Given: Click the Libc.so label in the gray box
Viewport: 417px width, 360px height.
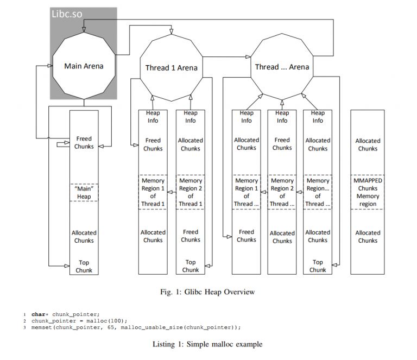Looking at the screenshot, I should coord(67,14).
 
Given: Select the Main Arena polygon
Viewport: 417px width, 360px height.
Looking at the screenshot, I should coord(84,66).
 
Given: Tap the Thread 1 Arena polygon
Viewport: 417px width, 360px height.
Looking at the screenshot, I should coord(171,68).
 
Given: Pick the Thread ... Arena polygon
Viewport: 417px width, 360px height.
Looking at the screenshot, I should coord(282,67).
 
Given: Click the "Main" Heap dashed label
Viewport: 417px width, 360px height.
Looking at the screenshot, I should coord(84,193).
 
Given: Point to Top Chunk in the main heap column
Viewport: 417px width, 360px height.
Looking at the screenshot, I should coord(84,266).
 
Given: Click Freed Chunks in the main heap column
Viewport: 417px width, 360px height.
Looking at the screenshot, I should coord(84,142).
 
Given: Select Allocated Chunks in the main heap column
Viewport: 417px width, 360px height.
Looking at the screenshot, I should coord(84,237).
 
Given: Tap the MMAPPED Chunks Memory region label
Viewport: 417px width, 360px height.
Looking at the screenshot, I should coord(368,192).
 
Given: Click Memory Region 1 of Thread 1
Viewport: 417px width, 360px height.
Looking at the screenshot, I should coord(153,192).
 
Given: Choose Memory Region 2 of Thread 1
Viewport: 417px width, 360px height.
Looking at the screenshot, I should coord(191,192).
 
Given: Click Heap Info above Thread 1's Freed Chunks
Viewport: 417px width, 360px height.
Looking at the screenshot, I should coord(153,117).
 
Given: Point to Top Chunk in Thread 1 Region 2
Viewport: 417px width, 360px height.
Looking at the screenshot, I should coord(191,266).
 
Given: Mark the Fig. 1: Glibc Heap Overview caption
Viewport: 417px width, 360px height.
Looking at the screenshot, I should coord(207,292).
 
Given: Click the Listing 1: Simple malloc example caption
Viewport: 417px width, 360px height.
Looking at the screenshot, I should coord(207,344).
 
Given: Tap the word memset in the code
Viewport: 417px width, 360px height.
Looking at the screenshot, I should coord(41,327).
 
